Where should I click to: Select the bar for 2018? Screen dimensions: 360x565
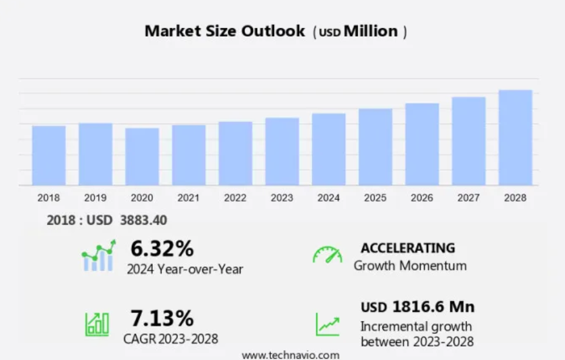coord(49,155)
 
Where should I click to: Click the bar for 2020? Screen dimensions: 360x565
coord(142,157)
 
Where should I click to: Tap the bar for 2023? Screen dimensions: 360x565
coord(282,152)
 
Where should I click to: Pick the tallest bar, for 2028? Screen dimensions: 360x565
coord(515,138)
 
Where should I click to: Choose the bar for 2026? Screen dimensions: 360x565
coord(422,144)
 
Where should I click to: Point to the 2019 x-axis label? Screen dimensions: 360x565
coord(95,198)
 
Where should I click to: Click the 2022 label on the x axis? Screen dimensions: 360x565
coord(235,198)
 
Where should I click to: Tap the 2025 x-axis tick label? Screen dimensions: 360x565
coord(375,198)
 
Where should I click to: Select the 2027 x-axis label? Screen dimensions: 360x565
coord(469,198)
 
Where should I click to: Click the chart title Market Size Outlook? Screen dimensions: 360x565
coord(225,31)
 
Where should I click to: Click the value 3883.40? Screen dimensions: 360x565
coord(144,220)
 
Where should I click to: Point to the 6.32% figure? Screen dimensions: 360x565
coord(162,249)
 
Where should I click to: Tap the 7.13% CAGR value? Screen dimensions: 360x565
coord(162,318)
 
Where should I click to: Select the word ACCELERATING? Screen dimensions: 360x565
coord(407,248)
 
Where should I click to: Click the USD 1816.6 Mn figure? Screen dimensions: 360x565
coord(417,306)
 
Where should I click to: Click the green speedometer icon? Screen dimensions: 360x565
coord(328,255)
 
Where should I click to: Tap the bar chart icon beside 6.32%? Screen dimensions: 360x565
coord(98,256)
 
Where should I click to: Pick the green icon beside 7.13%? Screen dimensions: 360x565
coord(96,324)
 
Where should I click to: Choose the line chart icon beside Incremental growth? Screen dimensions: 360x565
coord(327,324)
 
